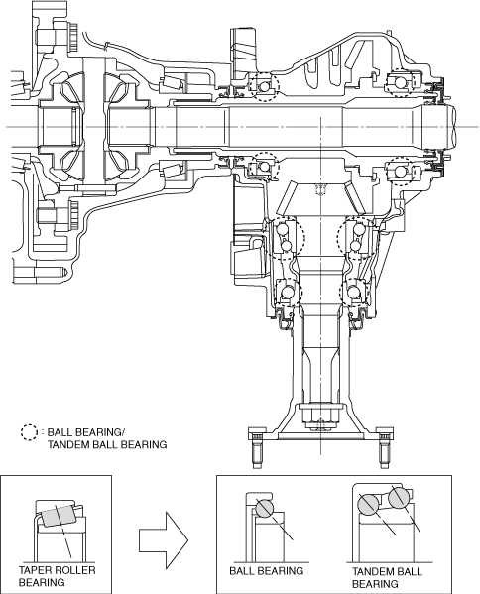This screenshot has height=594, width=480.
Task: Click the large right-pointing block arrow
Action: coord(164,540)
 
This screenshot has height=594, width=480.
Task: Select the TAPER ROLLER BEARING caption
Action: coord(57,576)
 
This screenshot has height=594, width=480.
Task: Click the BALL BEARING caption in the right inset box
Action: coord(267,571)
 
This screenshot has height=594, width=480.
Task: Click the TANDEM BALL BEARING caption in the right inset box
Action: coord(387,577)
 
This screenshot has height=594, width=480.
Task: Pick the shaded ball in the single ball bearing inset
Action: coord(265,508)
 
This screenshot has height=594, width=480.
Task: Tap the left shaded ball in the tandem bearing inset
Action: coord(368,504)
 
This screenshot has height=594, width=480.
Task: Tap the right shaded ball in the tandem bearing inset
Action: coord(398,498)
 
